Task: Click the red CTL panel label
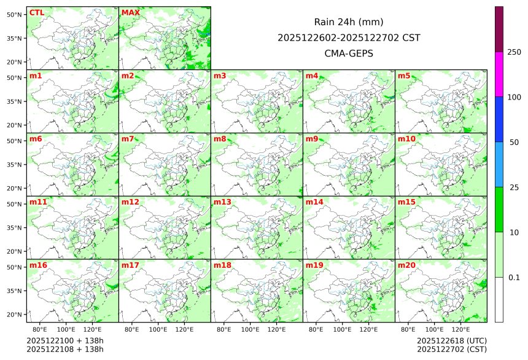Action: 36,12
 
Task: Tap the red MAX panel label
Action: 130,12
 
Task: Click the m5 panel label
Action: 404,76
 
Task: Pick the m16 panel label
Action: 38,265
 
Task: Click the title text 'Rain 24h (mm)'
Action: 348,22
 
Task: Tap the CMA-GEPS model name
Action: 348,53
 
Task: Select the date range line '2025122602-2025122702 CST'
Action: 348,37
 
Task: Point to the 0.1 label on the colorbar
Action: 514,277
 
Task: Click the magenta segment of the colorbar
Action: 499,74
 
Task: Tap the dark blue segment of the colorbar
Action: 499,119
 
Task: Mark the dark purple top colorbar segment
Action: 499,29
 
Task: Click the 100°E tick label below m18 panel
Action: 250,329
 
